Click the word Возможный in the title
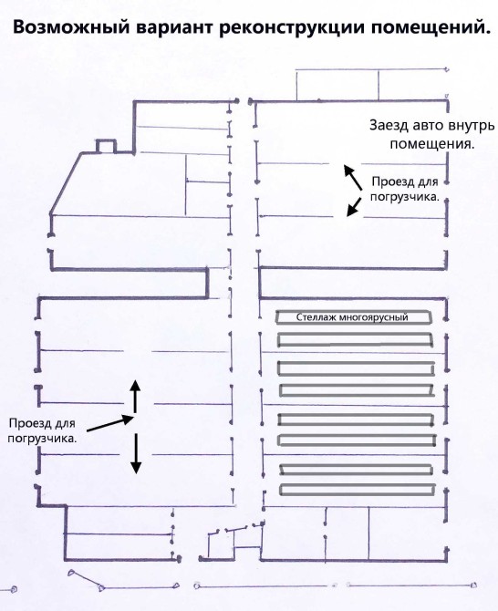(x=71, y=27)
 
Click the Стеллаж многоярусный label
(x=352, y=316)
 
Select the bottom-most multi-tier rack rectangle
(x=358, y=490)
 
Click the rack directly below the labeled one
(x=355, y=340)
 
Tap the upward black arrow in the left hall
(x=135, y=396)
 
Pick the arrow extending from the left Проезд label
(x=109, y=424)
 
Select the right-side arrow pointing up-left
(x=353, y=177)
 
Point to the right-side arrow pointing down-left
(x=354, y=206)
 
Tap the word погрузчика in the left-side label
(x=42, y=439)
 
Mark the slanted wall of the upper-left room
(x=66, y=182)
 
